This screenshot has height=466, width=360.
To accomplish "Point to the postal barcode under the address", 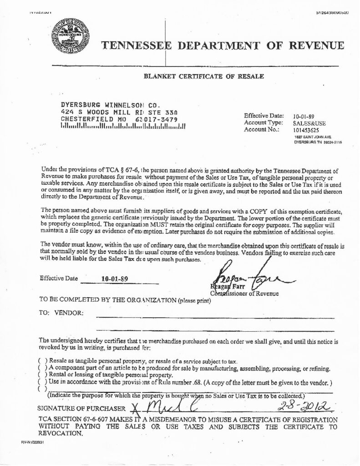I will point(122,127).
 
